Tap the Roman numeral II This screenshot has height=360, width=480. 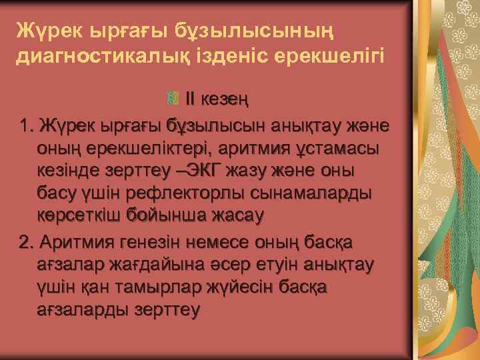pyautogui.click(x=190, y=100)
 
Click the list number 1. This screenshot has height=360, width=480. pyautogui.click(x=26, y=125)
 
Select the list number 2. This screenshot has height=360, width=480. pyautogui.click(x=26, y=241)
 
